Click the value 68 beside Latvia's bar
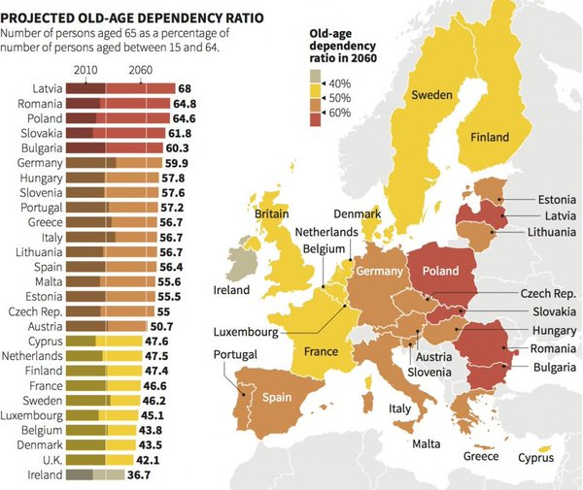pos(184,88)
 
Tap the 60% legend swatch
pos(314,114)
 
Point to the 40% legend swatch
pos(314,83)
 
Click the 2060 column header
pos(139,70)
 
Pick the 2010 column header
pos(86,70)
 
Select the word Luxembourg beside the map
pos(247,332)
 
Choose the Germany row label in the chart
pos(41,162)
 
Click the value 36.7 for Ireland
pos(143,474)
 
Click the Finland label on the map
pos(490,137)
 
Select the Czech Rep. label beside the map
pos(548,292)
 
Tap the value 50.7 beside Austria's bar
pos(190,326)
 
